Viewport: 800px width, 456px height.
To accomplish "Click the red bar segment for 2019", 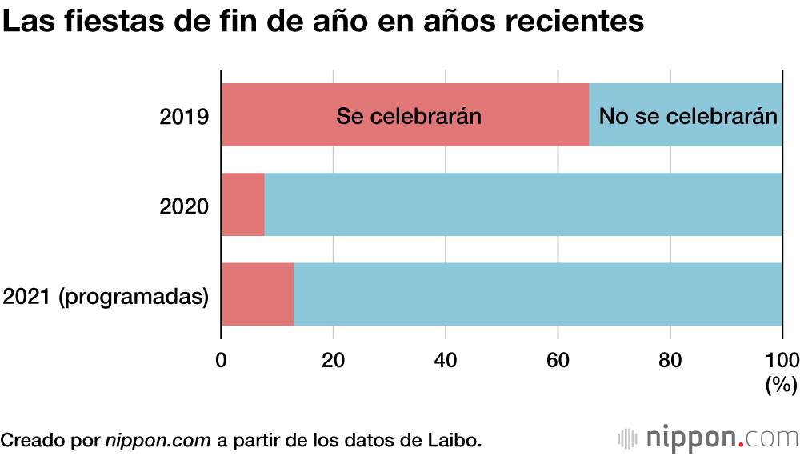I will click(x=404, y=115).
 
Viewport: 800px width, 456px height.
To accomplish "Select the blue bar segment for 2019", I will click(x=686, y=115).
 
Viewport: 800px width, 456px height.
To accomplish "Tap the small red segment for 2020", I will click(x=242, y=205).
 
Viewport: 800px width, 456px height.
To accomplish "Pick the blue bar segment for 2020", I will click(x=523, y=205).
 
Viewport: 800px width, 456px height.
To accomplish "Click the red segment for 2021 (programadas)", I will click(x=257, y=294).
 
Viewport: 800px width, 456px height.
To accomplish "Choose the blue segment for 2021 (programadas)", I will click(x=538, y=294).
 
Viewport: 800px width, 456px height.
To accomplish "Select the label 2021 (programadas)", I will click(x=106, y=297).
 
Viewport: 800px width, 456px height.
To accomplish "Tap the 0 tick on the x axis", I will click(x=221, y=358).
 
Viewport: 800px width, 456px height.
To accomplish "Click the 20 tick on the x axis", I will click(x=333, y=358).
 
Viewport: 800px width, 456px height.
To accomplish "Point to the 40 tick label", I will click(x=446, y=358).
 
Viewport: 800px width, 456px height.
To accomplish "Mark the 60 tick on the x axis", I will click(x=558, y=358).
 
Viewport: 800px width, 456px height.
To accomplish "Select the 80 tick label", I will click(x=670, y=358).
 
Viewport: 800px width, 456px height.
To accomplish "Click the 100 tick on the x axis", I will click(x=782, y=358).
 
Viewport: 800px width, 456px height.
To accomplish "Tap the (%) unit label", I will click(x=782, y=386).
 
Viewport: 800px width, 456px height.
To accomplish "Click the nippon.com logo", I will click(x=708, y=439).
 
